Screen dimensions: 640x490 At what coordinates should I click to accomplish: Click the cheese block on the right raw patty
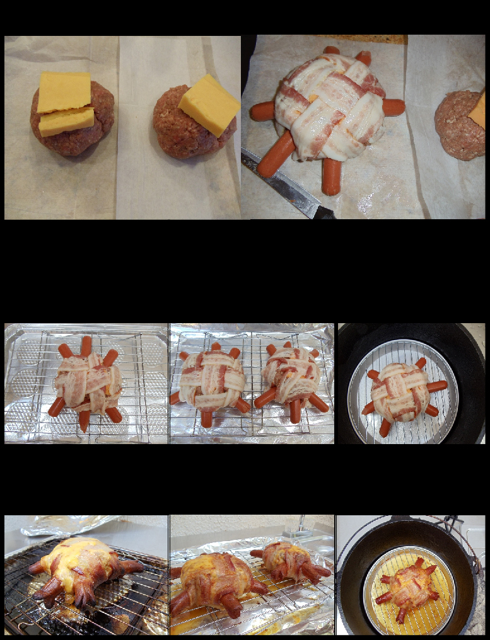pos(209,104)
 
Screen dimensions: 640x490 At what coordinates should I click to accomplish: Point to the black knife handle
pos(324,213)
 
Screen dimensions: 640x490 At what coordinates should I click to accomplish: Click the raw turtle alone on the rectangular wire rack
pos(86,384)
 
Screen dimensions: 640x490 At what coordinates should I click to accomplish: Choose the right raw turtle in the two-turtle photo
pos(292,379)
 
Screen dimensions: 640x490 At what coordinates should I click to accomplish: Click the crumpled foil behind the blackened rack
pos(69,525)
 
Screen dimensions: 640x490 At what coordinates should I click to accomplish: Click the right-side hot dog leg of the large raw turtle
pos(393,107)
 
